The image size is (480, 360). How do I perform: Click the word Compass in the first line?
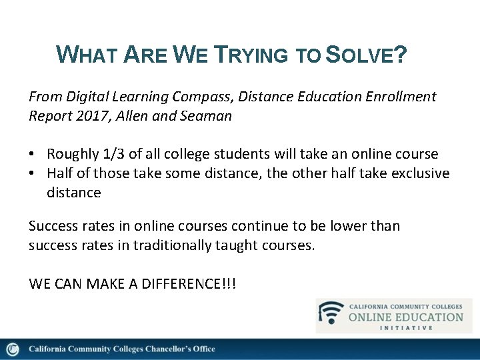tap(182, 97)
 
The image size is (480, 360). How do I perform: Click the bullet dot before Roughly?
tap(33, 155)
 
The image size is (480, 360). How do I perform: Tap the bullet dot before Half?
tap(33, 174)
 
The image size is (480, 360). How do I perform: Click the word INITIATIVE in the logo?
tap(406, 327)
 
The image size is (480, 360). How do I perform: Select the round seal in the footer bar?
tap(12, 349)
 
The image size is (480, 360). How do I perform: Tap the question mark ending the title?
tap(400, 54)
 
